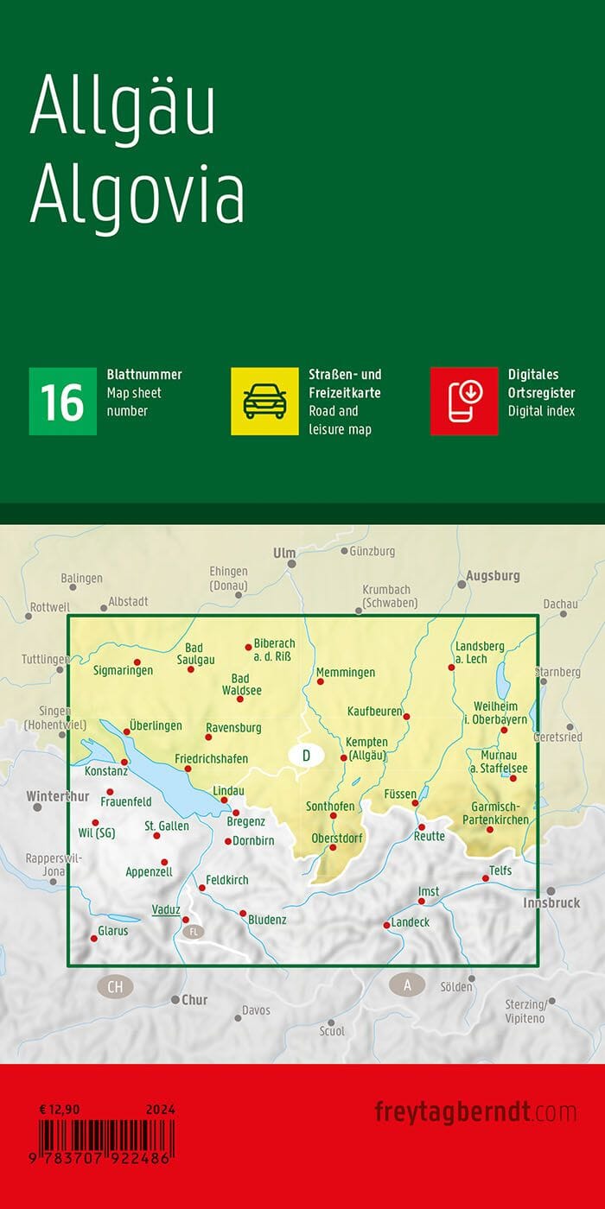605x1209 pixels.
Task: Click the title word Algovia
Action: point(137,197)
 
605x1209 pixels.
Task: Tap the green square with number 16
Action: point(63,401)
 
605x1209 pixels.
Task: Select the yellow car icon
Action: point(264,401)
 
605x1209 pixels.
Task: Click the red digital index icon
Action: point(464,401)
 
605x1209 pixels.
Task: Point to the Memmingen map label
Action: point(346,672)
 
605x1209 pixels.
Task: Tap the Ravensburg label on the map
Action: point(233,727)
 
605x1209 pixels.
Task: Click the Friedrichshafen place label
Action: point(211,759)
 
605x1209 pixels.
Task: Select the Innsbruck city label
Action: point(551,902)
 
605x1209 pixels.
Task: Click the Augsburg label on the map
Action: point(493,575)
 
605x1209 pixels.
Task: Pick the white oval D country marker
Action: point(306,756)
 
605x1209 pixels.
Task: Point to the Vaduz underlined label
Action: point(165,909)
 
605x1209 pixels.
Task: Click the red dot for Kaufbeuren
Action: point(407,716)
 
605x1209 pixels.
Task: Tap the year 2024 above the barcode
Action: point(160,1110)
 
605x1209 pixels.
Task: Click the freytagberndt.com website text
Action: point(475,1111)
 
